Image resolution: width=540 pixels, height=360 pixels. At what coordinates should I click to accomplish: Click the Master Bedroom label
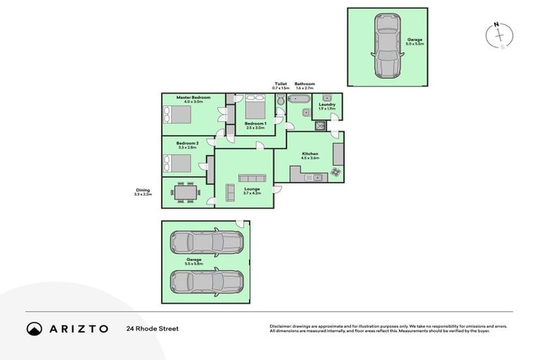[189, 97]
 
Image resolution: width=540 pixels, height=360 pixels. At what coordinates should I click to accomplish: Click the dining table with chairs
[186, 192]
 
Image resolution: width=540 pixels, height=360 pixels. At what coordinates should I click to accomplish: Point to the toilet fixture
[281, 101]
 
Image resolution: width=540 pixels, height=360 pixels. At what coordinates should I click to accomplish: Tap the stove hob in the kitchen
[335, 172]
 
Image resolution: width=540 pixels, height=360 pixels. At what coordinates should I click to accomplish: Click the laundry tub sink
[327, 98]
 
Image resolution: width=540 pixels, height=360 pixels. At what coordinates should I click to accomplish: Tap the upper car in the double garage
[206, 243]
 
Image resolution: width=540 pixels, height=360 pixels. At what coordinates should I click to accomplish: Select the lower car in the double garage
[206, 282]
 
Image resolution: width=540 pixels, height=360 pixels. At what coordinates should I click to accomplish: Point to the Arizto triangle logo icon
[34, 328]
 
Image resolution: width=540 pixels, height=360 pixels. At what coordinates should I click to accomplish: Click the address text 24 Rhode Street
[153, 328]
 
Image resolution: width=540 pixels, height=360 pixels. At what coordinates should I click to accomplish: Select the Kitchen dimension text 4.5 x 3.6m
[310, 158]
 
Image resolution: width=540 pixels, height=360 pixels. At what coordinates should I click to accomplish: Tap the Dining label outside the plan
[143, 190]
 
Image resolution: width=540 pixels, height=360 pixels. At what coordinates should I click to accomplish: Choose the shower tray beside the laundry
[321, 126]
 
